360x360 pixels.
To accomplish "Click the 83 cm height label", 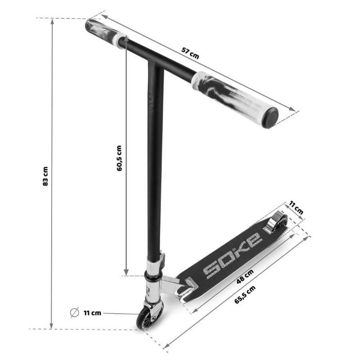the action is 45,176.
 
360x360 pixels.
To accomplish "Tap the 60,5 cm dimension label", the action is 119,158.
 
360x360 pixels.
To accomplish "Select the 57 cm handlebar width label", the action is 190,53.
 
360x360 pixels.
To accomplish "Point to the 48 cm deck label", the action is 245,276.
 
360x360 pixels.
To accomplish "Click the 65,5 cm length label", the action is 245,295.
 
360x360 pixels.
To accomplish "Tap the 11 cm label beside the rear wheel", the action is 296,207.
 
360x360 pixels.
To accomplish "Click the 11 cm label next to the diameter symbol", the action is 92,313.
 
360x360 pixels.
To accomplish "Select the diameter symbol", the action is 74,312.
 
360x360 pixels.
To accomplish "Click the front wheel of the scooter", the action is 144,319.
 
